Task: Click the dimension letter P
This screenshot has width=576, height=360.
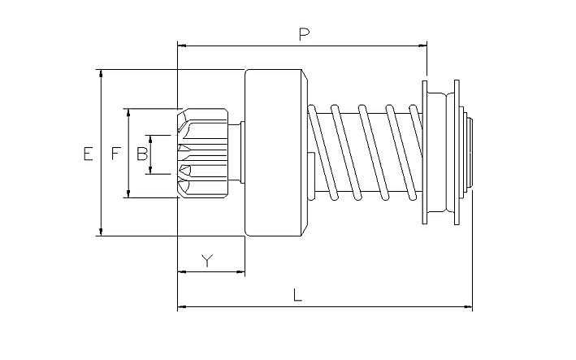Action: pos(304,34)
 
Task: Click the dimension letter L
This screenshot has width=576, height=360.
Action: pos(298,295)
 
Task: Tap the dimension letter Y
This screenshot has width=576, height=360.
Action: pos(207,260)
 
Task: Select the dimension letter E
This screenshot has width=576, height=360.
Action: pos(89,154)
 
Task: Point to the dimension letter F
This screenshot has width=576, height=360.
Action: pos(116,154)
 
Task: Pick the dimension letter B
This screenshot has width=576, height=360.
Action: pos(142,154)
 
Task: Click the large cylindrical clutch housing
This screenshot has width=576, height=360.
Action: pos(276,153)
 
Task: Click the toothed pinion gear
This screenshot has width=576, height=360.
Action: pos(202,154)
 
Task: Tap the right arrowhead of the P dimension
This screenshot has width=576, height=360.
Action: pos(423,46)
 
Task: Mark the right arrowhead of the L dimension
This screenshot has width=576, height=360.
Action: pos(469,306)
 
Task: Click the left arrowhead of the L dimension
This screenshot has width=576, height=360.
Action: pos(182,306)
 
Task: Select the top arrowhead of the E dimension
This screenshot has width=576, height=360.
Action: pos(102,73)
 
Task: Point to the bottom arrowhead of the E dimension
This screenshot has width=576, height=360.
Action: pos(102,232)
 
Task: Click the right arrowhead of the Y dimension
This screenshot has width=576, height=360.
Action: pos(240,272)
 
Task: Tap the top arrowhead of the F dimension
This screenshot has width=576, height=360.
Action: pos(128,113)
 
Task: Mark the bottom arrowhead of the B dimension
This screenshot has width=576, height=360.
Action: pos(150,170)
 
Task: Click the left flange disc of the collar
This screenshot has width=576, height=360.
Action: pos(425,153)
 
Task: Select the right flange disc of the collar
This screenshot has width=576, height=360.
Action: pos(457,153)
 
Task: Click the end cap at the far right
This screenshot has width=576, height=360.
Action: pos(470,153)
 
